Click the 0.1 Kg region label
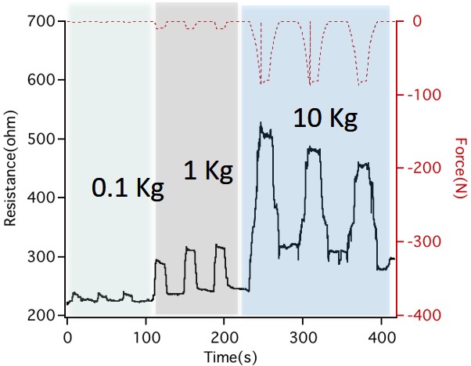pos(128,187)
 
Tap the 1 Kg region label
pos(207,172)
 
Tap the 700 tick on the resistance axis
pos(39,22)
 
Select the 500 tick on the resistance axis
pos(39,140)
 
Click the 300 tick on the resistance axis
pos(39,257)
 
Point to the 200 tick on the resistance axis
pos(39,316)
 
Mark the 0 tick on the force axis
pos(418,22)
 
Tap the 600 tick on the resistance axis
pos(39,81)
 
